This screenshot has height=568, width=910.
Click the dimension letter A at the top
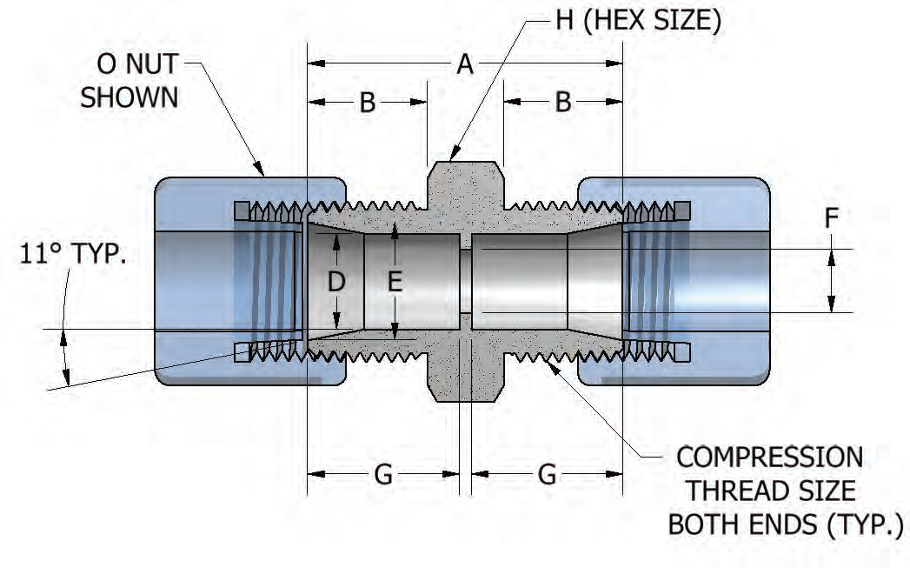click(465, 63)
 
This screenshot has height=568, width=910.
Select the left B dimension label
click(367, 103)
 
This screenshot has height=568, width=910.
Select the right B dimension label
click(563, 103)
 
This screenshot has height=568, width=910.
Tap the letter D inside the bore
click(336, 281)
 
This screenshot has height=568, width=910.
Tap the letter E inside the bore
click(395, 281)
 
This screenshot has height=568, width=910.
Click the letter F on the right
click(832, 218)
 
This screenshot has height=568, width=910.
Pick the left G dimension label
click(383, 474)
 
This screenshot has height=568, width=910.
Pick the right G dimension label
click(547, 474)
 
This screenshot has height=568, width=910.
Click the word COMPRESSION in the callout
click(769, 457)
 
